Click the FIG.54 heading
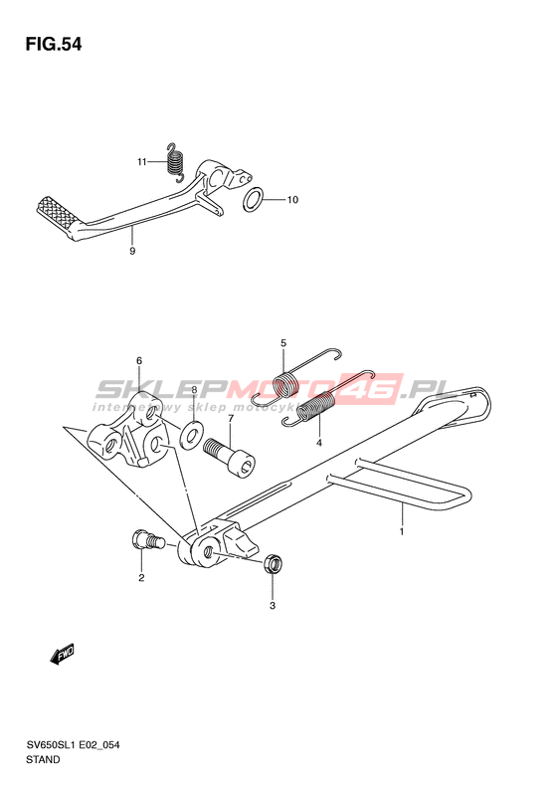(x=53, y=45)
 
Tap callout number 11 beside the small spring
(x=142, y=161)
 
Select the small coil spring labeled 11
(x=176, y=160)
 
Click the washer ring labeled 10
(x=253, y=199)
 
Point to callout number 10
(x=292, y=200)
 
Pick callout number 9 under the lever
(x=132, y=251)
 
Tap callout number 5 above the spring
(x=283, y=343)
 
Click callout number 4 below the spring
(x=318, y=443)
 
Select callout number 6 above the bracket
(x=139, y=360)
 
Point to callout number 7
(x=231, y=418)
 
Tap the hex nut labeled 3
(x=273, y=564)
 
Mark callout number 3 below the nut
(x=273, y=606)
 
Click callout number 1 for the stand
(x=402, y=531)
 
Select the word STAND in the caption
(x=42, y=759)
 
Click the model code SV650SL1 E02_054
(x=73, y=745)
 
